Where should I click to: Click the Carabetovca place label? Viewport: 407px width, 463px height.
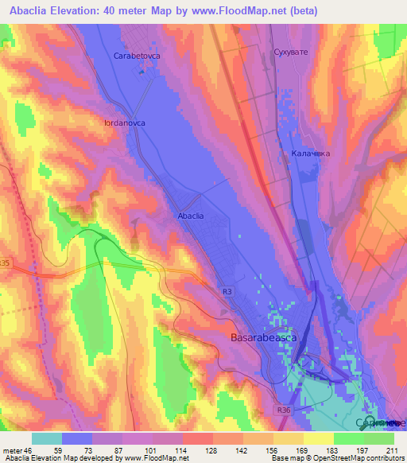pos(138,56)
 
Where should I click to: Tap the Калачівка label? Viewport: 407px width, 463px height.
pos(310,153)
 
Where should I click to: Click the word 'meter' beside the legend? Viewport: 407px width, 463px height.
pos(14,449)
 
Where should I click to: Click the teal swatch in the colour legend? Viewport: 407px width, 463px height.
pos(47,438)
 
